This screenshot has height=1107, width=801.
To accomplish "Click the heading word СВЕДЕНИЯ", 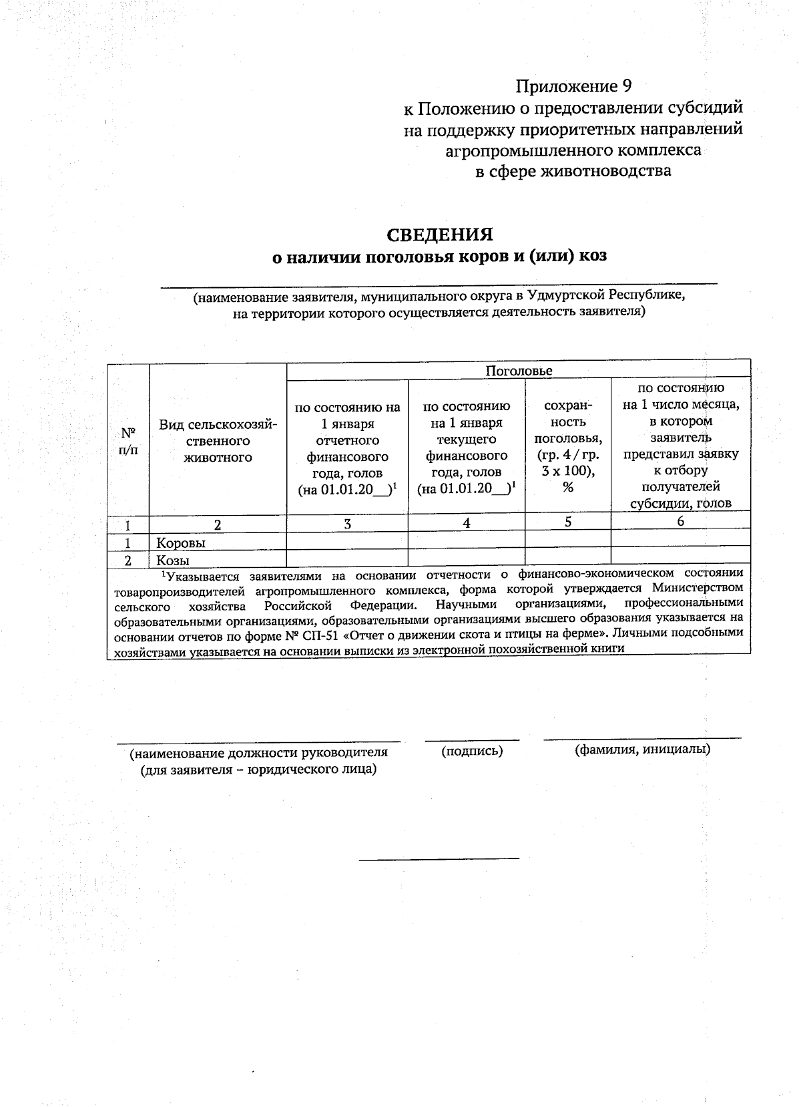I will click(x=440, y=234).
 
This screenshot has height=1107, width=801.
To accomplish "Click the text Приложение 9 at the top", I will click(x=573, y=86).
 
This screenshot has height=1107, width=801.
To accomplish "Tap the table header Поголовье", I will click(x=519, y=371).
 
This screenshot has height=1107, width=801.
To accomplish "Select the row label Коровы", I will click(x=181, y=542).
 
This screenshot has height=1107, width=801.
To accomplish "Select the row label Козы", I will click(x=173, y=560).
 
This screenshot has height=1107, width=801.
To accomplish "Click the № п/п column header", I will click(x=127, y=440).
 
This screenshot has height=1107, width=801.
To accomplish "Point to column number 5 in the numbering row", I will click(x=567, y=522).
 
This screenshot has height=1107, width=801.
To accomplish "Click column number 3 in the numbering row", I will click(x=347, y=524).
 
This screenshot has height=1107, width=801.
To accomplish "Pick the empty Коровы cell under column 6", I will click(x=680, y=538).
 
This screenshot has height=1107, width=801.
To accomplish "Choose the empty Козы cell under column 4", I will click(x=466, y=556).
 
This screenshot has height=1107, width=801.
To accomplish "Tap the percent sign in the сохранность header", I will click(x=567, y=487).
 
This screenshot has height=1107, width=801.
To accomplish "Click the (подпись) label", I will click(x=472, y=751).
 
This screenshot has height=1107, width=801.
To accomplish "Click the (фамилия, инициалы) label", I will click(x=642, y=749).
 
